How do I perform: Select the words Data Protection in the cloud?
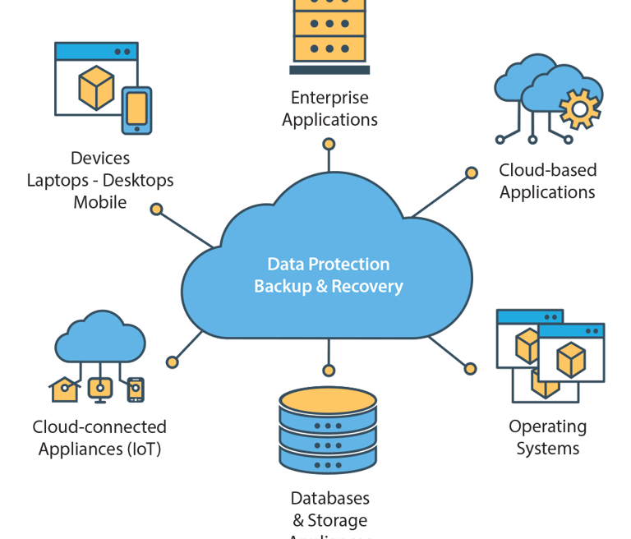click(329, 265)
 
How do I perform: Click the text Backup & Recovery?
click(329, 287)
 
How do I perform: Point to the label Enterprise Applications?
click(329, 108)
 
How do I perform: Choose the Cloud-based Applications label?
click(547, 181)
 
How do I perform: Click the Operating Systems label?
click(547, 437)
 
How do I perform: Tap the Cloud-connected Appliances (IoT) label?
click(99, 437)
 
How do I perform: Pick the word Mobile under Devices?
click(100, 201)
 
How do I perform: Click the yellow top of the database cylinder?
click(328, 400)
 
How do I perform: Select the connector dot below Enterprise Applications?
click(329, 144)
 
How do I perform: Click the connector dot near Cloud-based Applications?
click(472, 173)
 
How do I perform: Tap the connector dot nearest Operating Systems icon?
click(470, 369)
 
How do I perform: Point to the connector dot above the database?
click(329, 370)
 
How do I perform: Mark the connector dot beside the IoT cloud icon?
click(173, 362)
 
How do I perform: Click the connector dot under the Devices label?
click(156, 210)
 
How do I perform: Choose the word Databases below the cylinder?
click(329, 498)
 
